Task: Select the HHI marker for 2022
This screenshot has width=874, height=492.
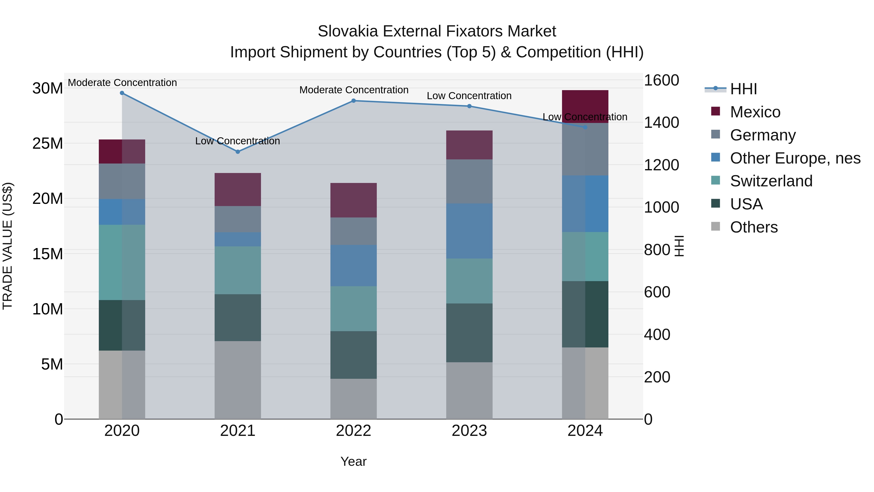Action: (x=353, y=101)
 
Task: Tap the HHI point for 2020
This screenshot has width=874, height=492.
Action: (x=122, y=93)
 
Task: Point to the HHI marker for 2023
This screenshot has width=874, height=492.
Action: (x=469, y=106)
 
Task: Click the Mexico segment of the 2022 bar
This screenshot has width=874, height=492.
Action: (x=353, y=200)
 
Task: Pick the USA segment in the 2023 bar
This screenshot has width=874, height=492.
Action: (x=469, y=333)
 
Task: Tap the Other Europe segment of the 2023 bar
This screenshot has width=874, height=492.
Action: (x=469, y=231)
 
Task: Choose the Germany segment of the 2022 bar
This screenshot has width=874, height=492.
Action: (x=353, y=231)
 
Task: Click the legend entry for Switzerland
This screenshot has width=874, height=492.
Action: (x=771, y=181)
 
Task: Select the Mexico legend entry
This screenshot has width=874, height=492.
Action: (x=755, y=112)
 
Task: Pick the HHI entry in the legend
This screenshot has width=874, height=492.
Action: (x=743, y=89)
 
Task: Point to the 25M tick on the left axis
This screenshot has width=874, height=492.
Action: (x=48, y=144)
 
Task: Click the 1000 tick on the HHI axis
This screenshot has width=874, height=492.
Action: (x=661, y=207)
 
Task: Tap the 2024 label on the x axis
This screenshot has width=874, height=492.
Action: (x=585, y=431)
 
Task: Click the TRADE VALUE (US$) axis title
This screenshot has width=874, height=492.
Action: (x=8, y=246)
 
